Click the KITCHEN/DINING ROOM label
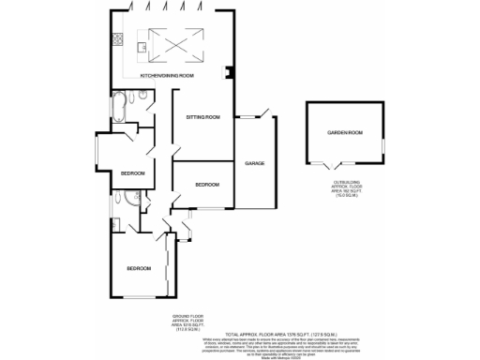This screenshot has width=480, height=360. pos(167,75)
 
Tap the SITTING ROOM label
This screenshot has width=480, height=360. pos(202,117)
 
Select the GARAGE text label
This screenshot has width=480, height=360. pos(255,163)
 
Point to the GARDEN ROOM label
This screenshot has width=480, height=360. pos(344,133)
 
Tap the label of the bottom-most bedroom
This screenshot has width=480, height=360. pos(139,269)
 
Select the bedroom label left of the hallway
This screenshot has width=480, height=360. pos(132,173)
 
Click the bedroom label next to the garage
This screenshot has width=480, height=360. pos(206,185)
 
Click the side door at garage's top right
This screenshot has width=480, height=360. pos(265,116)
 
